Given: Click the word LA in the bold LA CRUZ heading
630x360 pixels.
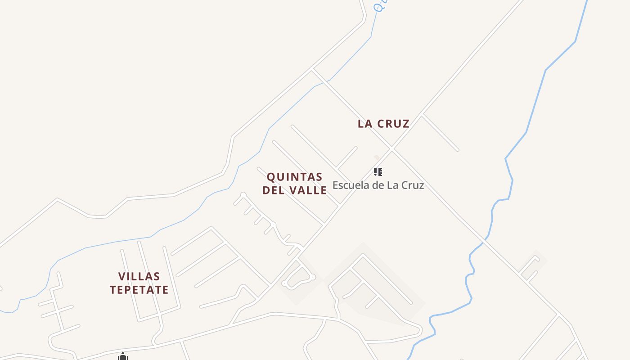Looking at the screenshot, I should [365, 124].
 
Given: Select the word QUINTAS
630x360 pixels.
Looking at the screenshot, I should [295, 177].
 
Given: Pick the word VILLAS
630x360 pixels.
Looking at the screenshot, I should [139, 276].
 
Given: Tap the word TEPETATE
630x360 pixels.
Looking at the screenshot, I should [139, 290].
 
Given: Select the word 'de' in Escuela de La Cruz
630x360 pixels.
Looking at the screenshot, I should [371, 185].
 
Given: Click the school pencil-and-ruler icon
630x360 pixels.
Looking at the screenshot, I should [378, 171].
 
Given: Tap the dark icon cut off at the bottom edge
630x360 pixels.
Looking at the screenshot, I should [123, 357].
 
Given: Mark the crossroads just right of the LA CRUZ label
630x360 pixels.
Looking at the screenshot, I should [391, 148].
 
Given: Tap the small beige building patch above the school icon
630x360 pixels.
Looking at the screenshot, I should [377, 157].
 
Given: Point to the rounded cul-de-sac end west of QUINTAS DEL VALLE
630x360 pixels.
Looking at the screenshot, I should [243, 195].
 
